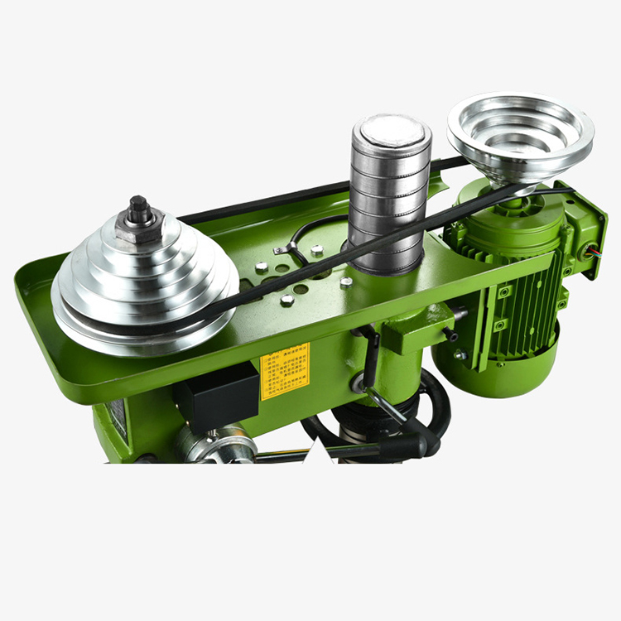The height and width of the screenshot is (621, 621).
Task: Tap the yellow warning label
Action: (x=285, y=370)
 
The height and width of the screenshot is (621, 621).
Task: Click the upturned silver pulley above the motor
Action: (x=521, y=133)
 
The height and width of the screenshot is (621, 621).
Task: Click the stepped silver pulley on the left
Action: (x=144, y=282)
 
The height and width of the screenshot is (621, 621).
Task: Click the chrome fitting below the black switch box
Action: (x=219, y=444)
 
